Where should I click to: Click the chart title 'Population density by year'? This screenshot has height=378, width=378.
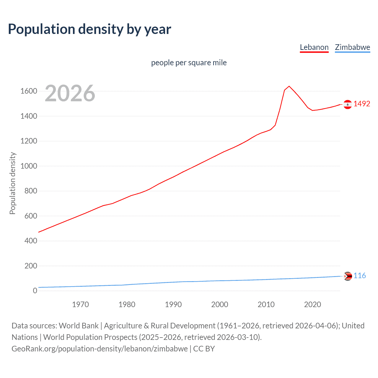coord(89,29)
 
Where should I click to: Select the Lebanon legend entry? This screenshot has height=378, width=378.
coord(314,48)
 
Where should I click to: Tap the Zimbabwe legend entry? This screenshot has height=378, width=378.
coord(352,48)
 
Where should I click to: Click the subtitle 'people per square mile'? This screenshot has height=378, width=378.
coord(189,63)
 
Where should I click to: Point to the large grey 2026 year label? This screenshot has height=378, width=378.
coord(70,93)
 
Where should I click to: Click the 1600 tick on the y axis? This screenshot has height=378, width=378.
coord(29,91)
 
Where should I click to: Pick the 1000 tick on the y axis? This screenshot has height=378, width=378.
coord(29,166)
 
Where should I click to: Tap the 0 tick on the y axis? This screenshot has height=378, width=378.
coord(35,291)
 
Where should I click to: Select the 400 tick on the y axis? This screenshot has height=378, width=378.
coord(31,241)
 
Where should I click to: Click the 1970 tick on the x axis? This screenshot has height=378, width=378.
coord(80,304)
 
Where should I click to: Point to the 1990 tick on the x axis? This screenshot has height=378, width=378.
coord(173,304)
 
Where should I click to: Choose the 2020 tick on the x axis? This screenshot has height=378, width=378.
coord(312,304)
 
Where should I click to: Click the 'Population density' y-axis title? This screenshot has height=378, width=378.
coord(12,183)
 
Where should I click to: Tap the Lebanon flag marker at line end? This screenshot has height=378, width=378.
coord(348,104)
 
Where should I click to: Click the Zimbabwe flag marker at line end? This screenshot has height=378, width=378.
coord(348,276)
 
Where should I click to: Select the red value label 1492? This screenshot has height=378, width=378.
coord(362,104)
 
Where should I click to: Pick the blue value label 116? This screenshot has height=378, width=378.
coord(360,276)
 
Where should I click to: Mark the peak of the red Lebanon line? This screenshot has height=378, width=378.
coord(289,86)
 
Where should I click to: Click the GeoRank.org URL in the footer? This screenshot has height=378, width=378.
coord(100,349)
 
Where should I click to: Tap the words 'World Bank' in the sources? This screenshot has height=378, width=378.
coord(79,326)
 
